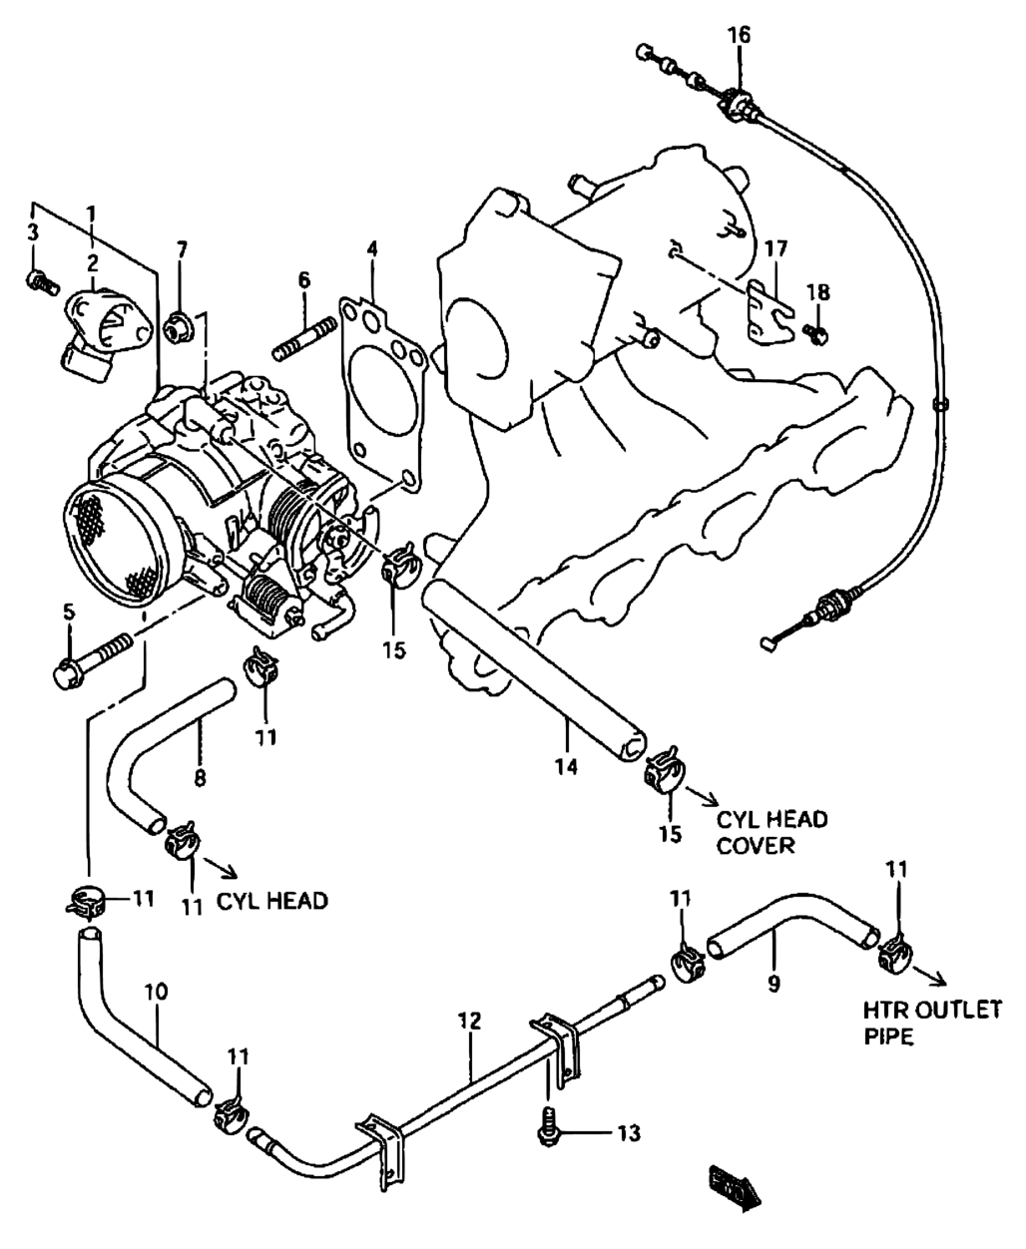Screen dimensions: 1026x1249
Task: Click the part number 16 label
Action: [x=740, y=35]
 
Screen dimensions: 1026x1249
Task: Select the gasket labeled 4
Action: [x=383, y=394]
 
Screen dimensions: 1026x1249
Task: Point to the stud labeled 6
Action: [x=304, y=340]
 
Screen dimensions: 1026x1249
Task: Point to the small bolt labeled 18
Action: [x=816, y=334]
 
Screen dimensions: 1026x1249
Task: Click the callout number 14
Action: [x=566, y=766]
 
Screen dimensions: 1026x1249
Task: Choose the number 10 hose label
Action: [x=156, y=992]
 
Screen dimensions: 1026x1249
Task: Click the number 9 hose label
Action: [x=773, y=984]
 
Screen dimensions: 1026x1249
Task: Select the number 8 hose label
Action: [x=201, y=776]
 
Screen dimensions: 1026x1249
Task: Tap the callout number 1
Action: [x=92, y=213]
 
